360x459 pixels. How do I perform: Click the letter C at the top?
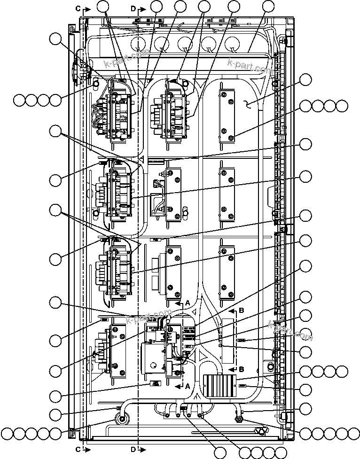[x=78, y=8]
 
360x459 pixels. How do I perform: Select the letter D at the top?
[x=133, y=8]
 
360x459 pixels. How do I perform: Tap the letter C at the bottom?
[x=78, y=449]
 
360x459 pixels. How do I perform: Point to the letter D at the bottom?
[x=133, y=449]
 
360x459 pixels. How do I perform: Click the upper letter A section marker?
[x=188, y=303]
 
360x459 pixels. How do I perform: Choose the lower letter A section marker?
[x=188, y=386]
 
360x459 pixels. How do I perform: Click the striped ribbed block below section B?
[x=219, y=386]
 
